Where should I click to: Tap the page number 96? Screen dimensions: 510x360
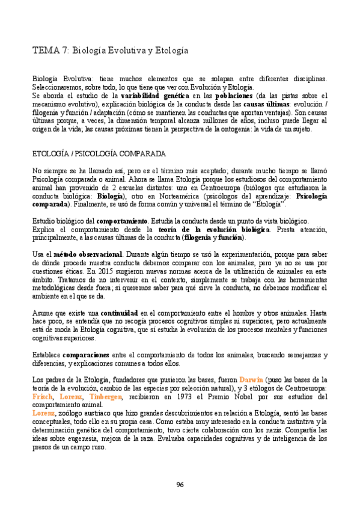tap(180, 485)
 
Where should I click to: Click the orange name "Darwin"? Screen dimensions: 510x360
tap(252, 380)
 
